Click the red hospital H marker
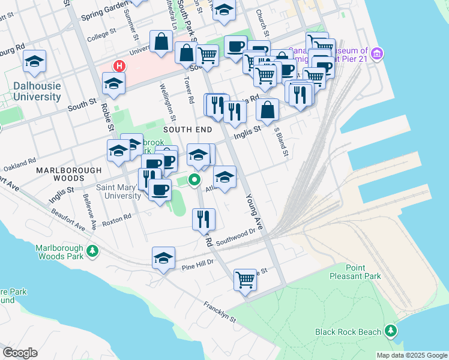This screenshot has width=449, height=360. (x=119, y=65)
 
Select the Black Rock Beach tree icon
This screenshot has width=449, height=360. (x=391, y=331)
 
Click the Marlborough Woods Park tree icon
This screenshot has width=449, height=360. (x=92, y=250)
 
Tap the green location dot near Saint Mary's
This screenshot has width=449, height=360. (x=194, y=179)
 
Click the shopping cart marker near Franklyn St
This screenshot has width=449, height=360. (x=245, y=280)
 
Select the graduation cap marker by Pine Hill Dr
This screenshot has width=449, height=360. (x=163, y=257)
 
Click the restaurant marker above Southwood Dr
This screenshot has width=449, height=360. (x=203, y=219)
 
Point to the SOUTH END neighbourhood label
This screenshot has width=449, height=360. (x=187, y=130)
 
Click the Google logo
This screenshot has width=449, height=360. (x=20, y=353)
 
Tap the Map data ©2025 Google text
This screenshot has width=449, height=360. (x=411, y=355)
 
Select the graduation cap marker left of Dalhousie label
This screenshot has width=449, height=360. (x=34, y=61)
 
